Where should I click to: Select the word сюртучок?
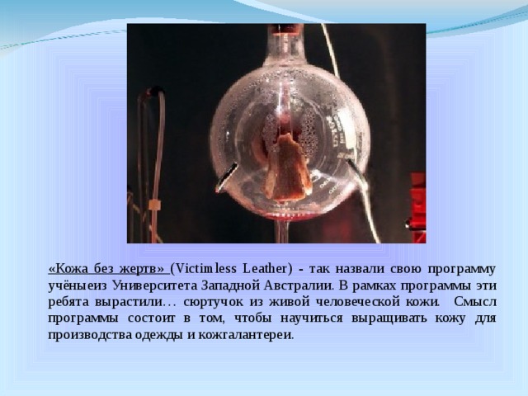(x=213, y=302)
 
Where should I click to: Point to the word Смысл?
(x=475, y=302)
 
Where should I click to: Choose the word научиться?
(x=311, y=318)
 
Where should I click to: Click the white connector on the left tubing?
(x=154, y=205)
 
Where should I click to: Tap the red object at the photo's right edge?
(x=418, y=205)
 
